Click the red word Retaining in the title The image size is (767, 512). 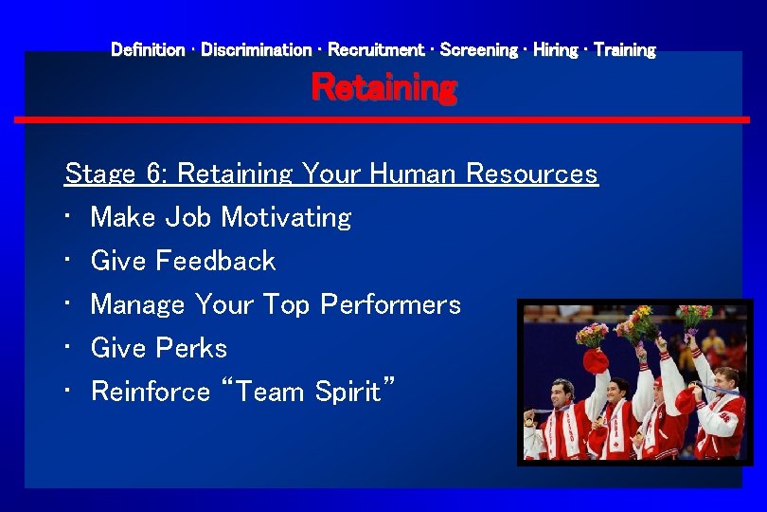click(x=383, y=88)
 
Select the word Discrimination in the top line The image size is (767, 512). click(x=256, y=49)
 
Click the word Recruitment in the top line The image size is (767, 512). click(x=375, y=49)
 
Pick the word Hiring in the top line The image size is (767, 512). click(x=555, y=49)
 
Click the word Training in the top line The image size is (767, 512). click(x=625, y=49)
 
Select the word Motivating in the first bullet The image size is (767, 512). click(x=286, y=217)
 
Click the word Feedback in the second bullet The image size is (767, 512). click(x=215, y=261)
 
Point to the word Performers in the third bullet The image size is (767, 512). click(x=390, y=304)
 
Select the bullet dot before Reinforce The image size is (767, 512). click(x=70, y=392)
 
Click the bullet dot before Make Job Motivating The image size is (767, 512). click(x=70, y=217)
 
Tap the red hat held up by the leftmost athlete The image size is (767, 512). click(x=595, y=361)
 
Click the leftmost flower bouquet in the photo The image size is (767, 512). click(x=593, y=335)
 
